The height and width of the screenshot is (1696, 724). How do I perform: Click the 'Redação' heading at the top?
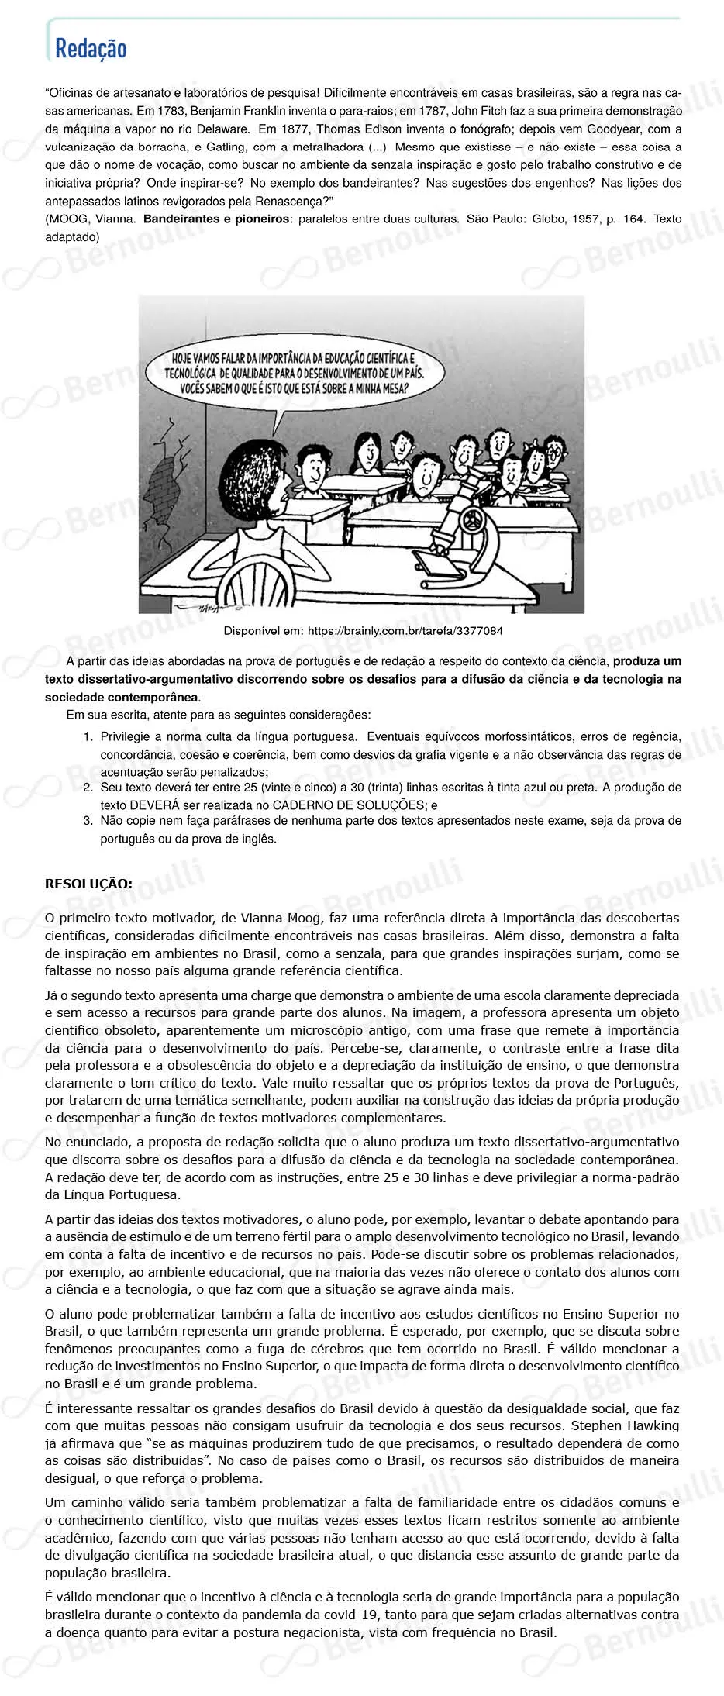91,48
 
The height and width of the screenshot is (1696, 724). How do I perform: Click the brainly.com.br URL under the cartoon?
404,631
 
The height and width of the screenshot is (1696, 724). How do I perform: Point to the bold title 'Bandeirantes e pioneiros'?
215,219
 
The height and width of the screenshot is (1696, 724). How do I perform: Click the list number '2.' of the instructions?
88,788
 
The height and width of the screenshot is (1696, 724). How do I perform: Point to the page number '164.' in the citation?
633,219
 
